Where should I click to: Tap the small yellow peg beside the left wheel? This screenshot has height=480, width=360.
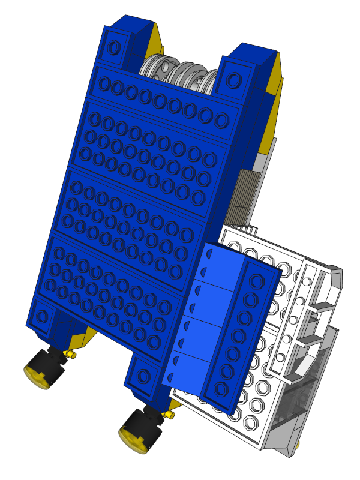71,355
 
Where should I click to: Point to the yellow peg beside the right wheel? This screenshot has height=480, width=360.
170,415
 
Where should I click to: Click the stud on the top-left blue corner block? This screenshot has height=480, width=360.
113,46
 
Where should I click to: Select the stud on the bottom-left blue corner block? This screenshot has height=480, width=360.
41,314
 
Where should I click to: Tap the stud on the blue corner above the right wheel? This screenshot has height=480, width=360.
143,376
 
